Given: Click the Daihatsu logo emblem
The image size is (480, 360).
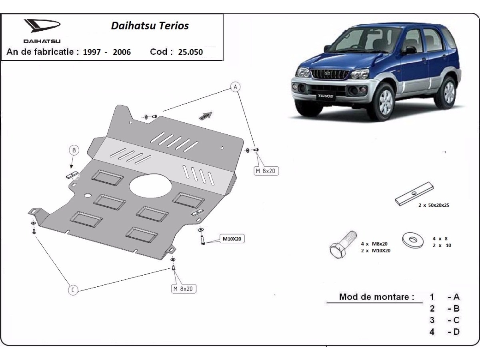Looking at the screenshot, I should [42, 27].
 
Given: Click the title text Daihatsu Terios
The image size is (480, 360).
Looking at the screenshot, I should [150, 26].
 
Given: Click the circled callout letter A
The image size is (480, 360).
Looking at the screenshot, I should [235, 87].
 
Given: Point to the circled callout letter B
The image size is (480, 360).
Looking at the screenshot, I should [74, 150].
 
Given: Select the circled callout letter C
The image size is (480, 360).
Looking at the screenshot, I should [73, 290].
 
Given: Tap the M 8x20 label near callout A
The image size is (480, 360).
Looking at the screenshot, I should [266, 171].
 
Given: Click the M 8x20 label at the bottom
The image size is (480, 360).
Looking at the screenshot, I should [184, 288].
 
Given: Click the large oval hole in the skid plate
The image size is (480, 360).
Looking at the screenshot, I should [151, 186].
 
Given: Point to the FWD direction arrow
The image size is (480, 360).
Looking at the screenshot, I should [205, 116].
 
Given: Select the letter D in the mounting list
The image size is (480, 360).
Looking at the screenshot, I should [456, 332].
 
